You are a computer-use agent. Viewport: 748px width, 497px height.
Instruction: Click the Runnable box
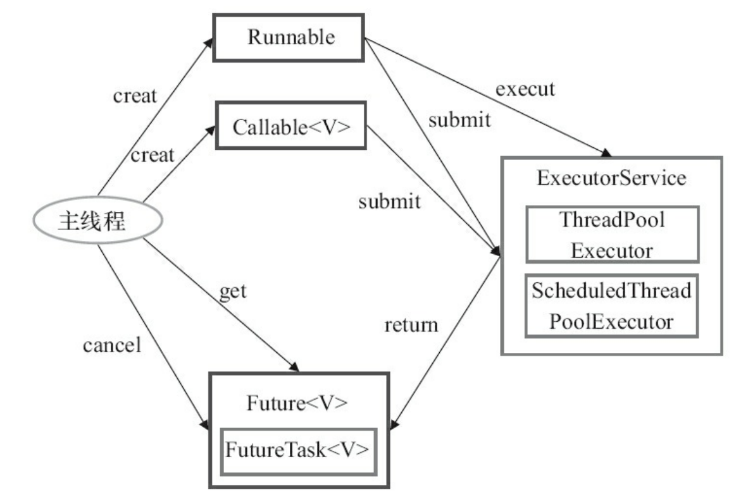pos(290,37)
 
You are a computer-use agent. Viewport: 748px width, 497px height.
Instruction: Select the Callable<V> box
pos(290,126)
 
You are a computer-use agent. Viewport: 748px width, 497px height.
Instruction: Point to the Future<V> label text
pos(297,403)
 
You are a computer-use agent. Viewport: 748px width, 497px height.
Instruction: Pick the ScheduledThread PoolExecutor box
pos(611,306)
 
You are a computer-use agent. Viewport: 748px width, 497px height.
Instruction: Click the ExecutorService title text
pos(611,178)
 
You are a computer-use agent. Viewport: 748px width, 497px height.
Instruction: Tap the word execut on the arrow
pos(525,88)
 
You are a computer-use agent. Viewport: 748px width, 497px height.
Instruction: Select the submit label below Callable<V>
pos(389,202)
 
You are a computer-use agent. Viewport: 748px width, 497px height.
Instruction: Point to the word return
pos(411,326)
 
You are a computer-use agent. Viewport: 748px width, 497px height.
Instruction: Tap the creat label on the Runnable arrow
pos(134,97)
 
